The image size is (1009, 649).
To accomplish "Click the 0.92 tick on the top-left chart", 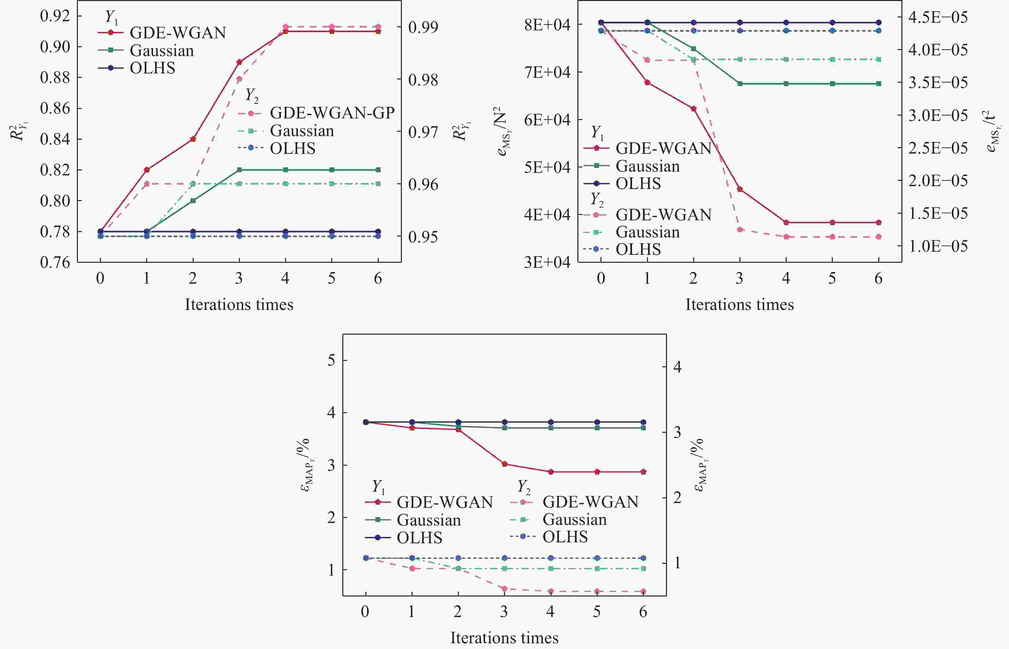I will (55, 16).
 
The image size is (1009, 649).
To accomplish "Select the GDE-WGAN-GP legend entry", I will (332, 113).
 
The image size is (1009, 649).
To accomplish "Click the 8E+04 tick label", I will (547, 24).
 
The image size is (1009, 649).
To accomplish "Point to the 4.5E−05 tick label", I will (938, 17).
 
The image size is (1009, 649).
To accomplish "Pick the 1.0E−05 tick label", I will (938, 246).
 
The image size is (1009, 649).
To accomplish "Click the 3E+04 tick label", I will (547, 262).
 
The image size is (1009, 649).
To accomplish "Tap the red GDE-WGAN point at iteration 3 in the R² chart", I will (239, 62).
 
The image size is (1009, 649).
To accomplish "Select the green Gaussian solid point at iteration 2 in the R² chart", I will (193, 201).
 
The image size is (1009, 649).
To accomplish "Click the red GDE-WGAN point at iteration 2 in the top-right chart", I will (694, 109).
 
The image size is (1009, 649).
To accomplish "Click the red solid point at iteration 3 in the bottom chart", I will (504, 464).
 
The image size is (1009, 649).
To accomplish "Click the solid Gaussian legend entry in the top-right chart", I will (647, 166).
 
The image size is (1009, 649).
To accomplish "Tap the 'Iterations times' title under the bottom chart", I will (504, 638).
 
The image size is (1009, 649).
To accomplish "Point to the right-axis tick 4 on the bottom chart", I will (677, 367).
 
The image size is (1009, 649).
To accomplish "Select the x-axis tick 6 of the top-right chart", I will (878, 278).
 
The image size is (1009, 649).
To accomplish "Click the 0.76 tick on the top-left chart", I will (55, 262).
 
